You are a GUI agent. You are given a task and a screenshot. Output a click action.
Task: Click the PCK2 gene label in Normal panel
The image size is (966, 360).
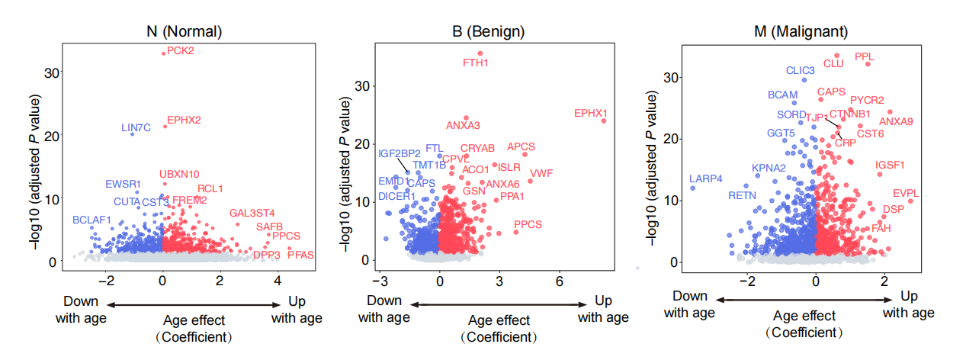[181, 51]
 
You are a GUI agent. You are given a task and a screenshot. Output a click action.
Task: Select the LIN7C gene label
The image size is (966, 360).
[136, 127]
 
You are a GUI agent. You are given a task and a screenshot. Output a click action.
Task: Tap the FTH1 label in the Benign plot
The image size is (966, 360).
[476, 63]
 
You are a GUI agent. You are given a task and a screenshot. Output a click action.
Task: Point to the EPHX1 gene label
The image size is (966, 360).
[591, 113]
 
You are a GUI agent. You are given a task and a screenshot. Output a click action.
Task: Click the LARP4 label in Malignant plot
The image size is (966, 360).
[705, 178]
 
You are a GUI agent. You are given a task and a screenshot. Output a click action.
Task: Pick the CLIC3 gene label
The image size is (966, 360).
[801, 70]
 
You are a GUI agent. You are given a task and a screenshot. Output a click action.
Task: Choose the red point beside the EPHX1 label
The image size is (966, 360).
[604, 121]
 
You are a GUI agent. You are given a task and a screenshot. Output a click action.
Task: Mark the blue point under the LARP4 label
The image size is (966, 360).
[692, 188]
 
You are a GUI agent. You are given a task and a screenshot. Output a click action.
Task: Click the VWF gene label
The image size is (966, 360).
[541, 173]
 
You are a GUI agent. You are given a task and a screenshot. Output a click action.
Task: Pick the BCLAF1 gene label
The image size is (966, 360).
[92, 220]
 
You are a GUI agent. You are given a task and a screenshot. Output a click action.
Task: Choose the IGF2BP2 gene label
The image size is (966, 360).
[400, 153]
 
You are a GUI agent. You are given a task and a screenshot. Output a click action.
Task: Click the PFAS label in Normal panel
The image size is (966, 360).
[300, 255]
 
